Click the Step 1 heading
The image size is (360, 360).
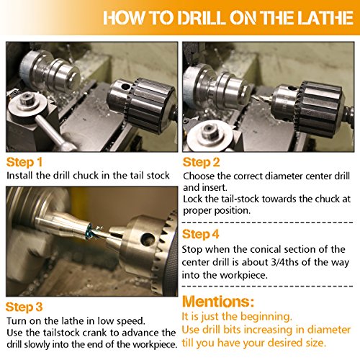24,162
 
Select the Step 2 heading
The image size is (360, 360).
201,163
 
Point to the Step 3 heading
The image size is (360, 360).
24,307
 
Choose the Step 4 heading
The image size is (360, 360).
201,234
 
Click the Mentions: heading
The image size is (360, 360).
218,301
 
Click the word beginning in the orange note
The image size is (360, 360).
266,317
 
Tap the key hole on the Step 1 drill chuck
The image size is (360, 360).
125,86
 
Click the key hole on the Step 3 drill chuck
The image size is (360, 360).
147,239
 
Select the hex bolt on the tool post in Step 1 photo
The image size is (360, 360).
27,99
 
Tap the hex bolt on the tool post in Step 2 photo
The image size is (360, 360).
210,131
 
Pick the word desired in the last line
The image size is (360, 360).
285,343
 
